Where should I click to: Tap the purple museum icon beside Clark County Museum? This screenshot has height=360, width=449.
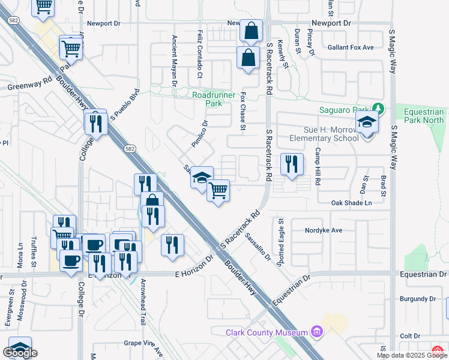[318, 332]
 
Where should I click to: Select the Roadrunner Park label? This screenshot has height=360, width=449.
[207, 99]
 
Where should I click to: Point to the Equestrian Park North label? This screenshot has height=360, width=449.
[424, 116]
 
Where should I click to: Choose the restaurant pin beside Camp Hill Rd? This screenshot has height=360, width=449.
[292, 164]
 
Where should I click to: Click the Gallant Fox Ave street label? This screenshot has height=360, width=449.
[351, 47]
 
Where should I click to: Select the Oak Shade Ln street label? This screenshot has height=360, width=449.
[352, 203]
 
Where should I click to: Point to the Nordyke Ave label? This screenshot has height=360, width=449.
[324, 230]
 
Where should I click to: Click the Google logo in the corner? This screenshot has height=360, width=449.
[20, 353]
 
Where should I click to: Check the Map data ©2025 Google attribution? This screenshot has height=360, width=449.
[412, 355]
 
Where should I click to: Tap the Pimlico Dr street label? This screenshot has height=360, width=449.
[199, 133]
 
